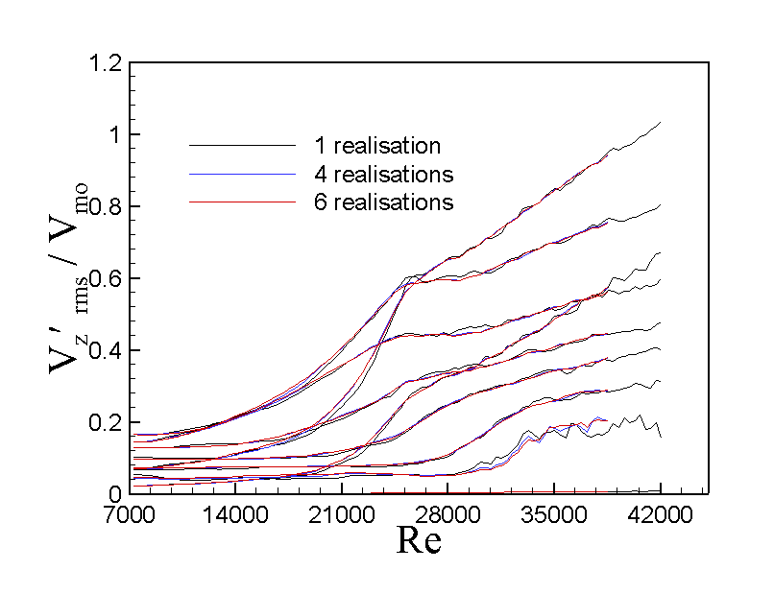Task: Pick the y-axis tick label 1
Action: point(113,135)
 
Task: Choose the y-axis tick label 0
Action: point(113,493)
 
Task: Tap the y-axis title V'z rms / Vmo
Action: point(58,278)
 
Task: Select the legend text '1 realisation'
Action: point(376,146)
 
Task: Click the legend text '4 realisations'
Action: point(382,175)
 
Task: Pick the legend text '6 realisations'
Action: point(382,202)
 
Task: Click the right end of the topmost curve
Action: point(661,123)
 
